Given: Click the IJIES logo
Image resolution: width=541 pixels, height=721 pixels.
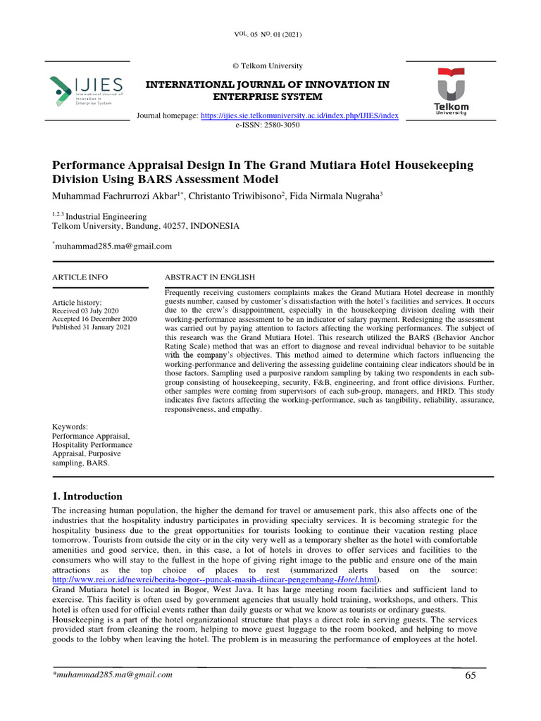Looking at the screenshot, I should tap(87, 90).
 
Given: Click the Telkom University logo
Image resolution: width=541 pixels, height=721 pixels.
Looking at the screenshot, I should tap(451, 92).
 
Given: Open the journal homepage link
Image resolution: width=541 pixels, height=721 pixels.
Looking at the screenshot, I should tap(300, 115).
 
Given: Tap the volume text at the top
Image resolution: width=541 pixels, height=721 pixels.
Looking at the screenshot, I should tap(270, 35).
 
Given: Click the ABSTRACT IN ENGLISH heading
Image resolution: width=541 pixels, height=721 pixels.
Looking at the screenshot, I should tap(211, 277).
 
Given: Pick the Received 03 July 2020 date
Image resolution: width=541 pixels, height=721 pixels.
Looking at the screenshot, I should tap(87, 310).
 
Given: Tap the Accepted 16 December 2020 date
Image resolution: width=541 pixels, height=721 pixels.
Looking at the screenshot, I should tap(94, 318).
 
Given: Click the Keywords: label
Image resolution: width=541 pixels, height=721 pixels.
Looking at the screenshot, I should tap(70, 427).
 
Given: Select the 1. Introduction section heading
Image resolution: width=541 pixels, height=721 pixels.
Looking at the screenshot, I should tap(87, 496).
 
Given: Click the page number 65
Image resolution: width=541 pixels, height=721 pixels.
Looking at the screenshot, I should tap(471, 676).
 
